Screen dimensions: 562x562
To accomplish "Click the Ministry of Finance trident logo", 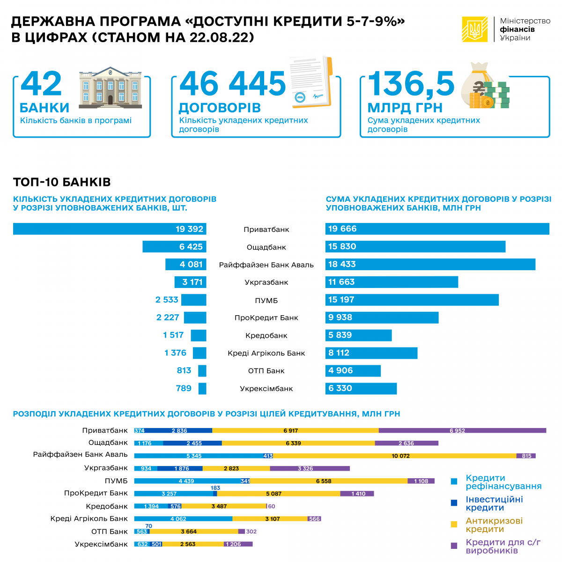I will pos(475,30).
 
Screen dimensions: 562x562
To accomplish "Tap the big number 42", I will pos(41,84).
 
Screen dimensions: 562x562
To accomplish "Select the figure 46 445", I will pos(232,84).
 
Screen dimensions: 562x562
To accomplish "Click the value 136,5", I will pos(411,84).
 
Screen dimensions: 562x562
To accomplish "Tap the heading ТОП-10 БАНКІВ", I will pos(62,182).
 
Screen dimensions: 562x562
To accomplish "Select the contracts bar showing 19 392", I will pos(110,229).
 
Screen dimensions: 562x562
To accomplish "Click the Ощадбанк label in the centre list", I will pos(266,247).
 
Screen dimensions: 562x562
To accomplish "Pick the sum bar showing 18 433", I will pos(430,265).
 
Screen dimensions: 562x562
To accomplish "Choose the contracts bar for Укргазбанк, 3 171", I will pos(191,282).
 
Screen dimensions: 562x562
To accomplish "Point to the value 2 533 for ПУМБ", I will pos(167,300).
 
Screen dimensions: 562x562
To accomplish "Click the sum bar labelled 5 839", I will pos(359,335).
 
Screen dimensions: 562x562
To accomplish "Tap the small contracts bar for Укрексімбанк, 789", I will pos(202,389).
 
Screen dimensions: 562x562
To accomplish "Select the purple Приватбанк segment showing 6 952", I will pos(462,430).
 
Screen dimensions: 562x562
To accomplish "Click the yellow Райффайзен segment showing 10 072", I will pos(395,456).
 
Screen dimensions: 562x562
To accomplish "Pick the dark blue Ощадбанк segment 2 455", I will pos(192,443).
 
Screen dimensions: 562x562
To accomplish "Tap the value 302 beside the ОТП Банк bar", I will pos(251,532).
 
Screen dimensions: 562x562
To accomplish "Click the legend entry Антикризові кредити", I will pos(494,525).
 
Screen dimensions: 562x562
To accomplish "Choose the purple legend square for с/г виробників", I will pos(454,546).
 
